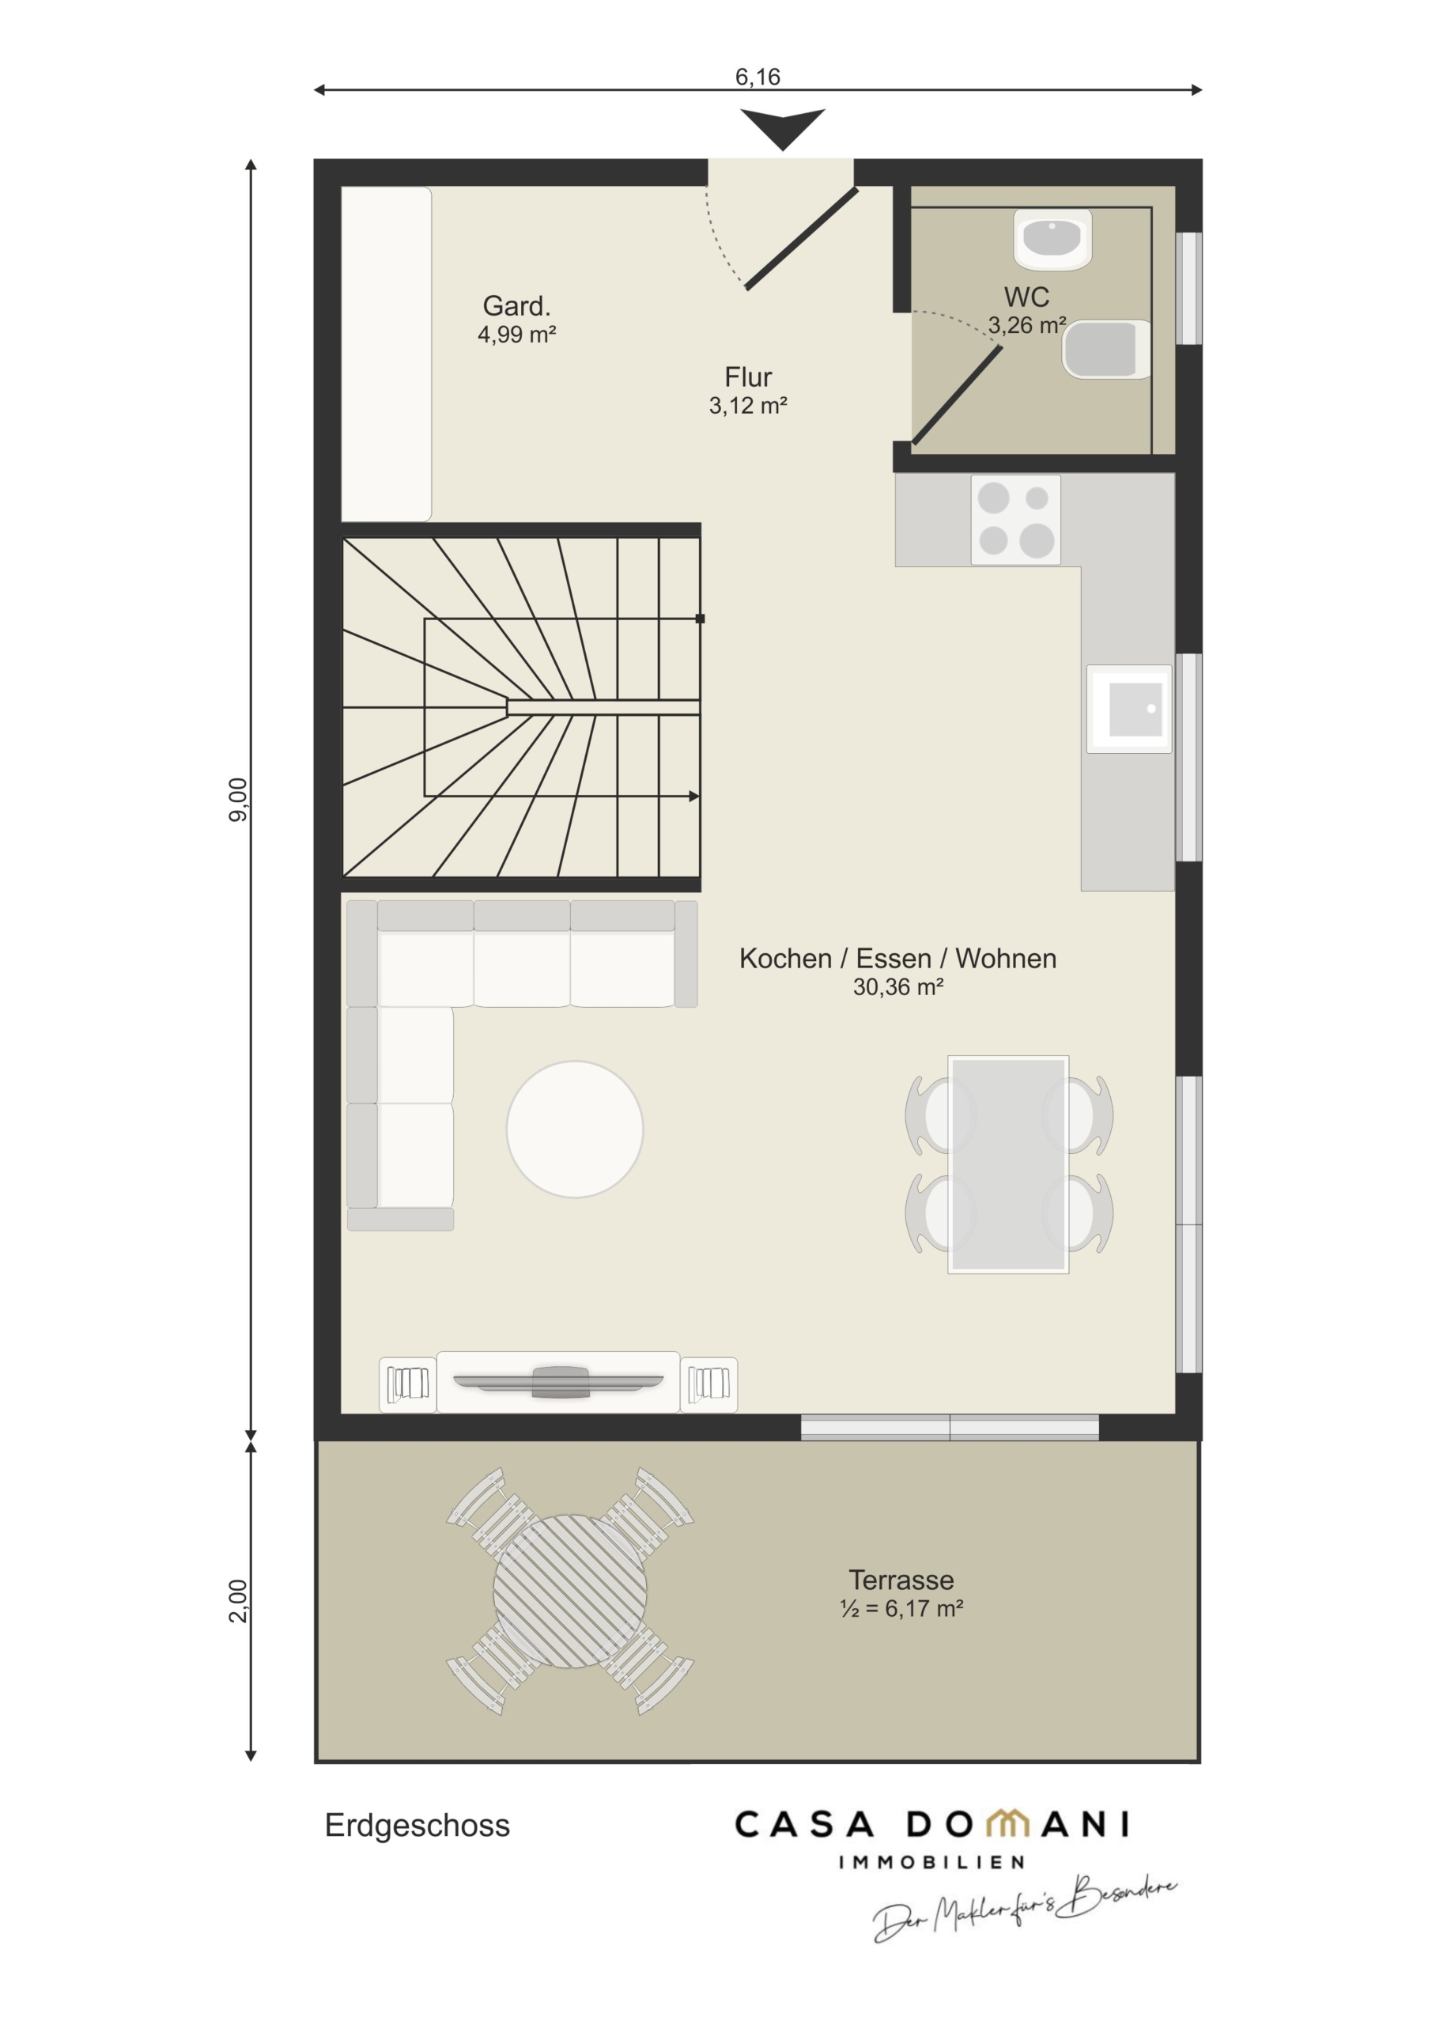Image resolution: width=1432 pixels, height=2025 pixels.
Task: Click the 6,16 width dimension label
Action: coord(758,77)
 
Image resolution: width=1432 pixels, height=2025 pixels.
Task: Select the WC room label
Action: coord(1026,297)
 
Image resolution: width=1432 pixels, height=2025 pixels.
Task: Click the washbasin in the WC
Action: coord(1052,239)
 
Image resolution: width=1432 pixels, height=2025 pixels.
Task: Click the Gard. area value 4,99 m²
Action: coord(516,335)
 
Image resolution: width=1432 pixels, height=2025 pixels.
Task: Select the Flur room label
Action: coord(748,377)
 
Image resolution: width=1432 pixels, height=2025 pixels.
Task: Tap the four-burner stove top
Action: coord(1016,520)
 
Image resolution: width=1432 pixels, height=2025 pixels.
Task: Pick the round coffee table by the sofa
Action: coord(575,1129)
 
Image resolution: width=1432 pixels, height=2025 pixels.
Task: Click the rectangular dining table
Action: coord(1009,1164)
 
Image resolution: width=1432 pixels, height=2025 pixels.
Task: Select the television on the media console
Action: coord(558,1382)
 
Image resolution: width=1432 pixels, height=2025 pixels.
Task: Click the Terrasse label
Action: coord(901,1580)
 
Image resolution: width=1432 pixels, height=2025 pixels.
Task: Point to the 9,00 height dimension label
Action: coord(238,799)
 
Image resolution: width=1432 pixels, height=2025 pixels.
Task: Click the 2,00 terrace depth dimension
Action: coord(238,1600)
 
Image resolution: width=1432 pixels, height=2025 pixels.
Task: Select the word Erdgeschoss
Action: coord(417,1825)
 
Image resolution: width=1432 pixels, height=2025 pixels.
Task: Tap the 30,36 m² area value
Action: coord(897,987)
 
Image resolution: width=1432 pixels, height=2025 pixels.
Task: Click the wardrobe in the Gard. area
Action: coord(386,354)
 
